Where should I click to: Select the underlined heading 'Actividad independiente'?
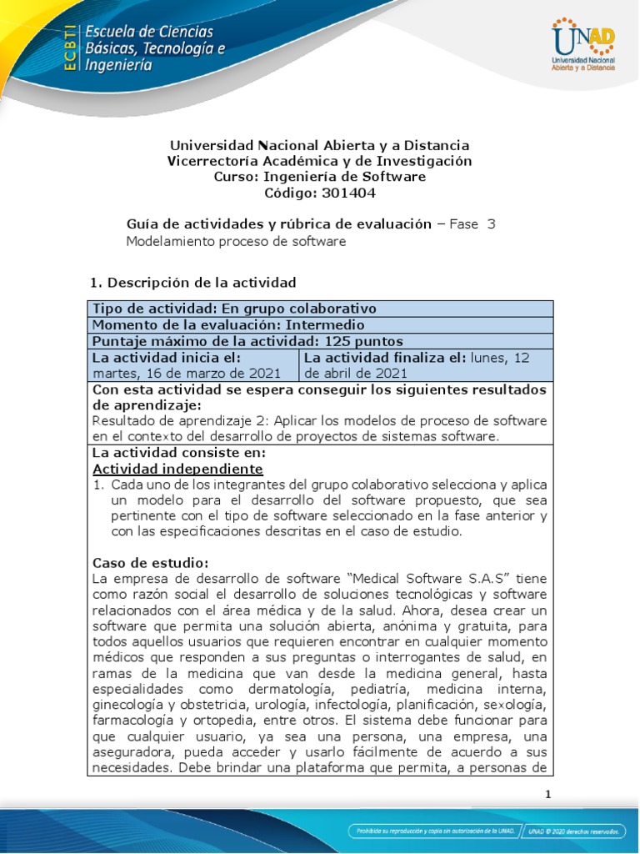177,468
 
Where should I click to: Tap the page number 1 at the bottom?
547,794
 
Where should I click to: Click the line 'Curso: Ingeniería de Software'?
319,177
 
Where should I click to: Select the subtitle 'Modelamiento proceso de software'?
235,241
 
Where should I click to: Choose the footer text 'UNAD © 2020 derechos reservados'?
582,831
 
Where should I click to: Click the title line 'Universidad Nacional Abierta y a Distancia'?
319,145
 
